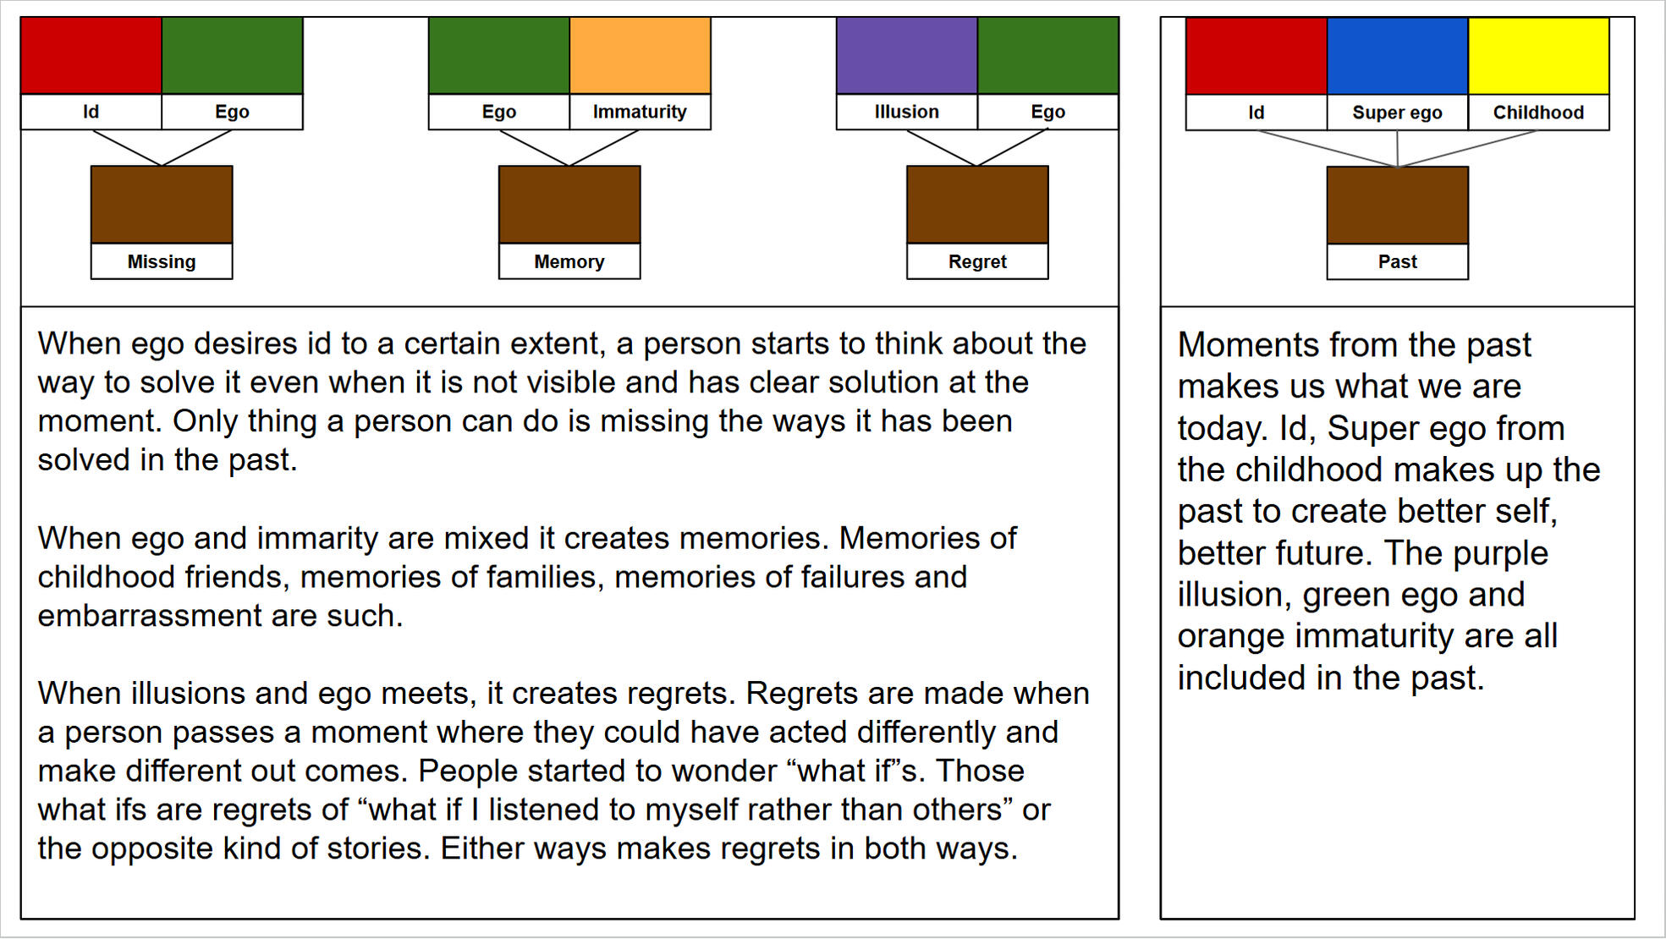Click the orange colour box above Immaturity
[x=640, y=55]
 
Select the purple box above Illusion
[x=906, y=55]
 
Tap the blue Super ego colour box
[x=1397, y=56]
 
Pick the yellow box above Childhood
[x=1538, y=56]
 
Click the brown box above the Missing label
[x=162, y=205]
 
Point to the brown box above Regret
[x=977, y=205]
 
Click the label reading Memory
[x=569, y=261]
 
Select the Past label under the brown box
[x=1397, y=262]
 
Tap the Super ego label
[x=1397, y=113]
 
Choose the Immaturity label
[x=640, y=112]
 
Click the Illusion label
[x=906, y=112]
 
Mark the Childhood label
[x=1538, y=113]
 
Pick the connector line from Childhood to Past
[x=1467, y=149]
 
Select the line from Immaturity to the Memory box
[x=604, y=148]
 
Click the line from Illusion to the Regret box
[x=942, y=148]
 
